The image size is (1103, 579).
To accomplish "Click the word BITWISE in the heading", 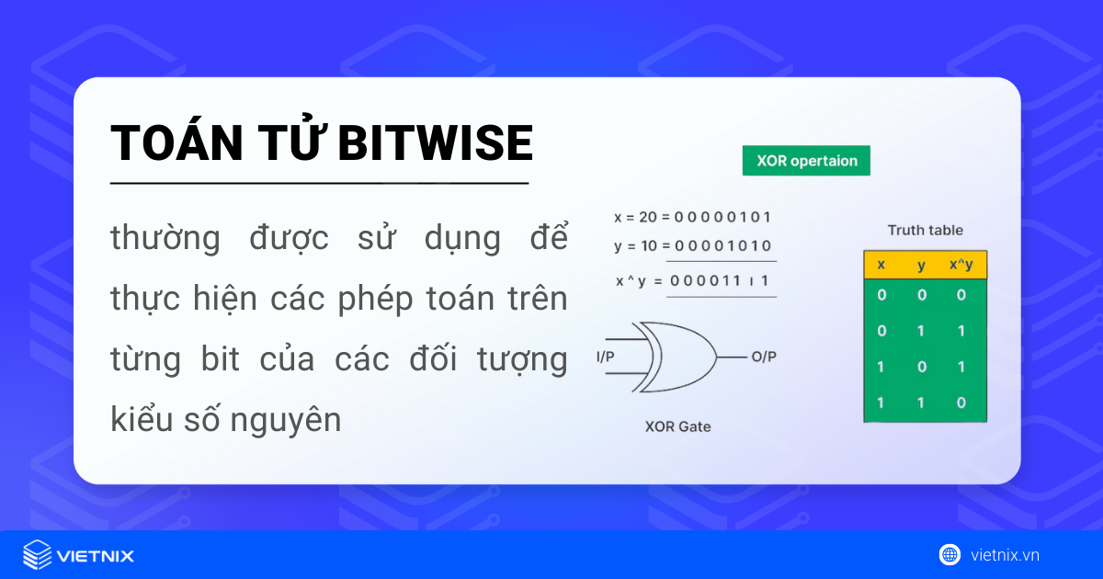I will [436, 143].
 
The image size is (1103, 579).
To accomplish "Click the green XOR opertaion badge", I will [806, 161].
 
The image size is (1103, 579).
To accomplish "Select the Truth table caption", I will [925, 231].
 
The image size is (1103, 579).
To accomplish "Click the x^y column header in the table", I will [961, 265].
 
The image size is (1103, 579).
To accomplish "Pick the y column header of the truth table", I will [921, 265].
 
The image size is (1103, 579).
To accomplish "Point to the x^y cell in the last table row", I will [961, 403].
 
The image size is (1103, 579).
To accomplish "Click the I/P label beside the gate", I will [606, 357].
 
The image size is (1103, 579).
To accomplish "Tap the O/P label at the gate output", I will [764, 357].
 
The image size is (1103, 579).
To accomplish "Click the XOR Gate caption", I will [677, 426].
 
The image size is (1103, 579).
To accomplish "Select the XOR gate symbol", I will [677, 357].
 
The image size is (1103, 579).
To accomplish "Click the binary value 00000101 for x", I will [722, 218].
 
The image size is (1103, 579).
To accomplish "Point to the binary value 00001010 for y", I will [722, 246].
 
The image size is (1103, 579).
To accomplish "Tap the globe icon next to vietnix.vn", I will [949, 555].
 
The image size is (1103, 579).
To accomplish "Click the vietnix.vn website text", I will [1005, 555].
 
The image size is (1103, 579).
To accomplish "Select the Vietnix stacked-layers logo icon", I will [38, 555].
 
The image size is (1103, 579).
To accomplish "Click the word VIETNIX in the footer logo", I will [96, 556].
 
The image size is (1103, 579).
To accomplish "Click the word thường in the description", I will [165, 239].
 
